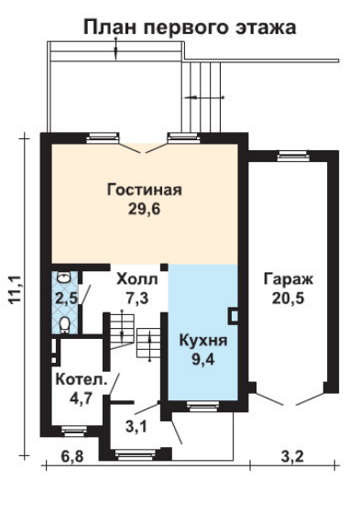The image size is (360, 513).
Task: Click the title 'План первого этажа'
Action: pos(190,28)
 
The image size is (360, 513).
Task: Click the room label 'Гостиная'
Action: pos(144,190)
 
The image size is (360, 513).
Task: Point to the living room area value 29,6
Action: pos(144,209)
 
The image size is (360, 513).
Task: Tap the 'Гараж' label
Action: pos(289,280)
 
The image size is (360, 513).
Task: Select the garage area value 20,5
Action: pos(288,299)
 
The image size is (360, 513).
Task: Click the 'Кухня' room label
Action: pos(203,341)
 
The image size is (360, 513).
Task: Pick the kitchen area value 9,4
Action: pos(203,359)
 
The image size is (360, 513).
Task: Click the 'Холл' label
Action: pos(137,279)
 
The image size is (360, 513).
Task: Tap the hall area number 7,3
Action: pos(136,298)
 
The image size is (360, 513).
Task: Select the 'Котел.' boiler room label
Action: pos(82,379)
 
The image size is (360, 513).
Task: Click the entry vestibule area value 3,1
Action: pos(136,426)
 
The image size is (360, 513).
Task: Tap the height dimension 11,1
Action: pos(16,289)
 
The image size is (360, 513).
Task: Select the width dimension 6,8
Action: pos(72,456)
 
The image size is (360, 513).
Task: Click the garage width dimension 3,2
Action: pos(292,456)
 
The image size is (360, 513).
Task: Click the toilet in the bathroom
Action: pos(65,324)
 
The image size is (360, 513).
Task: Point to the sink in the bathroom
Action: pos(63,278)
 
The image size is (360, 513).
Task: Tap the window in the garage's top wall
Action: pos(293,156)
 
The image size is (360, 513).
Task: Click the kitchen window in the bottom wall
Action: pos(203,406)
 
